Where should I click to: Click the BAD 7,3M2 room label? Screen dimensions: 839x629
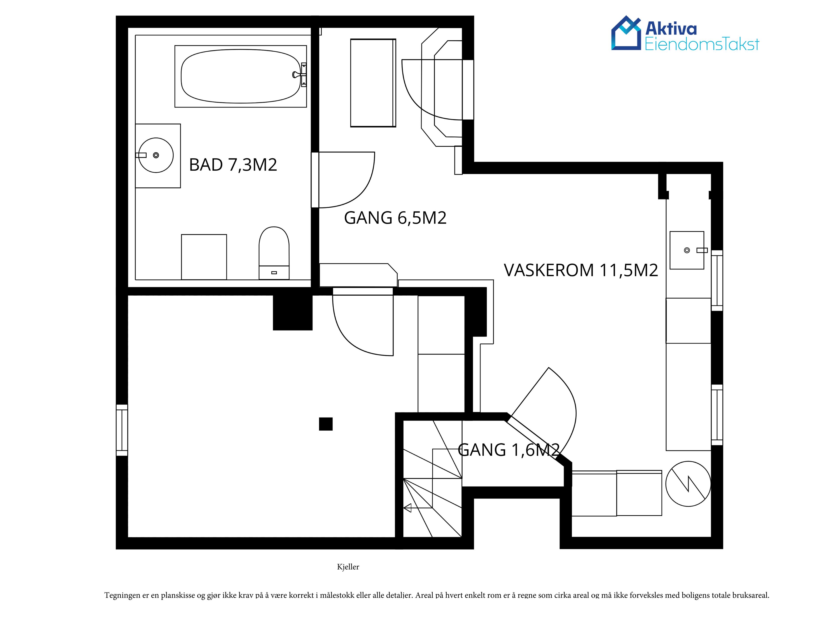pos(233,165)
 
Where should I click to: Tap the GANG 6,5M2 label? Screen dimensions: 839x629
pos(395,218)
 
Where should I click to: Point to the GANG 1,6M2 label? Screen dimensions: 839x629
pos(509,450)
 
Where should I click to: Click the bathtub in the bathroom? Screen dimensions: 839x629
pos(241,76)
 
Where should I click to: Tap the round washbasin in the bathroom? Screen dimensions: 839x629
pos(156,155)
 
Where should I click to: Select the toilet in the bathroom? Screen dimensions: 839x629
pos(274,253)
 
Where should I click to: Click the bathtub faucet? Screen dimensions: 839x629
pos(300,75)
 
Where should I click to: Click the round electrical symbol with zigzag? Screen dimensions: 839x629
pos(688,484)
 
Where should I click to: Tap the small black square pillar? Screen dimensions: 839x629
pos(325,424)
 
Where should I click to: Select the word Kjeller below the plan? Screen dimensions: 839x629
pos(348,567)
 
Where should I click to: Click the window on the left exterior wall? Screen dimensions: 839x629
pos(122,430)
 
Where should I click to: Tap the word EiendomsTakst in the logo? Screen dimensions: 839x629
pos(702,44)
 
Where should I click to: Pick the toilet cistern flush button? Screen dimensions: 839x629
pos(274,272)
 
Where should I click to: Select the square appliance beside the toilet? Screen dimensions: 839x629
pos(204,257)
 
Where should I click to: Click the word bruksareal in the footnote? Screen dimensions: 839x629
pos(751,595)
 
